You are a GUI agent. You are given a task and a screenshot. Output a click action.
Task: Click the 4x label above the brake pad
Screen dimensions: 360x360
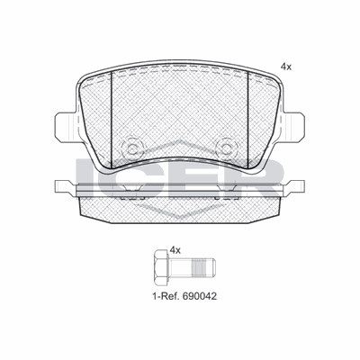pos(287,67)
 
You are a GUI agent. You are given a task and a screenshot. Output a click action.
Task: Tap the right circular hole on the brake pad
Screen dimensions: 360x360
pos(226,146)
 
